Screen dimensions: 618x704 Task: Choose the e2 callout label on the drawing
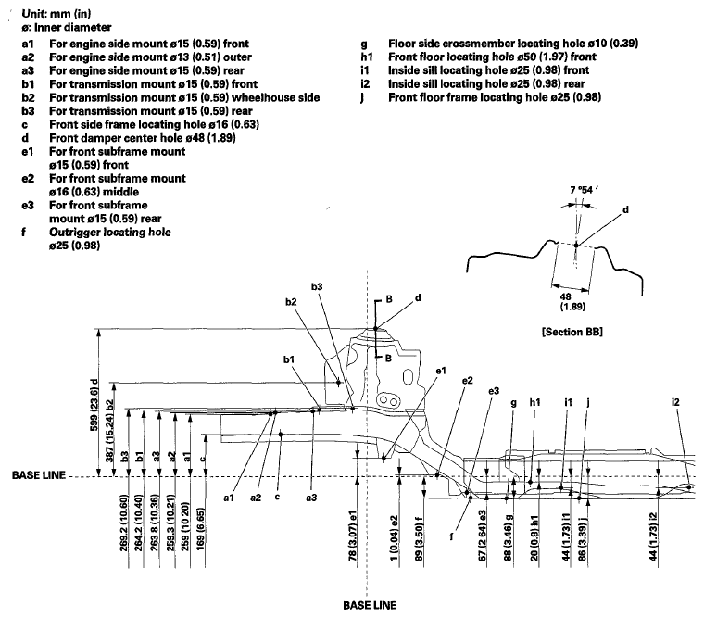pos(468,380)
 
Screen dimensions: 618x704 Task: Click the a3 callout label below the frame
pos(311,498)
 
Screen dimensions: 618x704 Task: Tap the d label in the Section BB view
pos(625,209)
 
